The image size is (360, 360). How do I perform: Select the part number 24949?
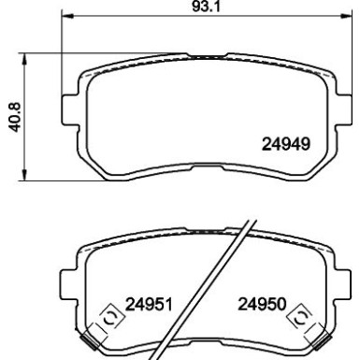(x=284, y=144)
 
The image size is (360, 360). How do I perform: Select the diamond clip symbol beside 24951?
(x=108, y=315)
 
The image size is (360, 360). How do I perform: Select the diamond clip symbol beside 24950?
(x=300, y=315)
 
